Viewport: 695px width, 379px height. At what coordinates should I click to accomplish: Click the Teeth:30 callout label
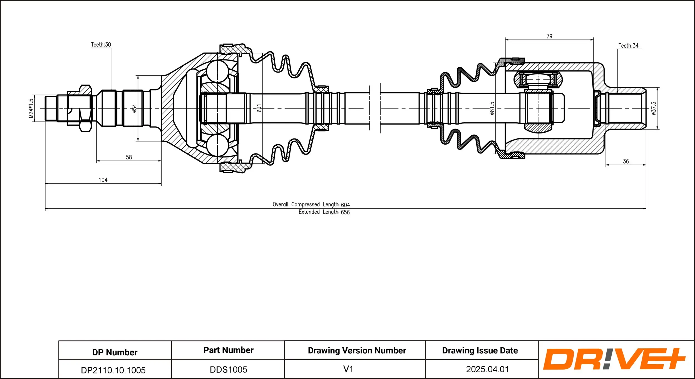101,44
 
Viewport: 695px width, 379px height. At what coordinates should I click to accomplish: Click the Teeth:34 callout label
628,46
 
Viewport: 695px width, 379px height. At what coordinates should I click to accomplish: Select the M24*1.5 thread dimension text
31,108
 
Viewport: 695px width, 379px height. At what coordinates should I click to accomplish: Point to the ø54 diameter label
135,108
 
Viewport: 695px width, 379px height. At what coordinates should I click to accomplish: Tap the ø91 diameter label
259,108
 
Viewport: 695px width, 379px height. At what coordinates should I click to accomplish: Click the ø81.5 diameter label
492,108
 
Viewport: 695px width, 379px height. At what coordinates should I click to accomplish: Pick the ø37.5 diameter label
654,108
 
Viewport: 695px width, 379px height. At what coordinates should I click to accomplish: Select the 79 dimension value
549,36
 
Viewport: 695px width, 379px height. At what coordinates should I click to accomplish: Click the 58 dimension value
129,157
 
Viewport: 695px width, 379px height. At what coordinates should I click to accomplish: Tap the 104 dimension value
103,180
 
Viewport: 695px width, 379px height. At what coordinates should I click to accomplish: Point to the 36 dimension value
626,162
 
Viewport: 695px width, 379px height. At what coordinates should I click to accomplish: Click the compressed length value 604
345,205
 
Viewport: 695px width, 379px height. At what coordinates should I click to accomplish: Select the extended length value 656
345,212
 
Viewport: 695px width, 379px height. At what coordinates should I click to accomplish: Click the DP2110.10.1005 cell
113,370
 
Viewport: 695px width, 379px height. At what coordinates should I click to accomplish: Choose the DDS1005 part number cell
228,370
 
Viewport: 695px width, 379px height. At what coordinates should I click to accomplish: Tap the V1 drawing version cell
348,369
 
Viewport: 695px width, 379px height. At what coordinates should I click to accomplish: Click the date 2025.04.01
487,369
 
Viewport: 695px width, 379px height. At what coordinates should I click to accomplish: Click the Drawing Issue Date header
480,351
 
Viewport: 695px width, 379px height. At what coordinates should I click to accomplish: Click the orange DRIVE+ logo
614,359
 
